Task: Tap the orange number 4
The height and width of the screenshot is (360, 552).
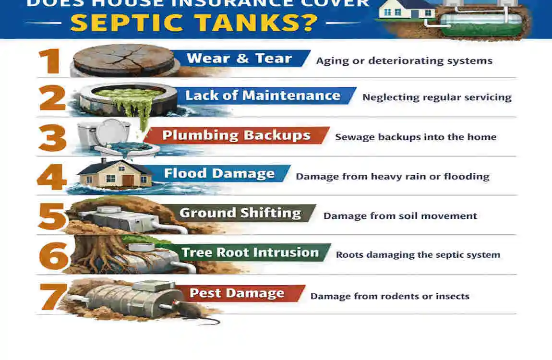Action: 52,177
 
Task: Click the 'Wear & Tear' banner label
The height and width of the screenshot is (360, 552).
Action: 239,59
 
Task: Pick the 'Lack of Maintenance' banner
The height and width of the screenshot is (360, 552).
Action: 263,96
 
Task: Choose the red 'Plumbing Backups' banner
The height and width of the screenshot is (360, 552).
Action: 236,135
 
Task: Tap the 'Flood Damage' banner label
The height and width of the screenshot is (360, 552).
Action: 219,173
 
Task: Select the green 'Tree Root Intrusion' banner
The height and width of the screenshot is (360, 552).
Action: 250,252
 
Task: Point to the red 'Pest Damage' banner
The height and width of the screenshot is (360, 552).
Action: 237,293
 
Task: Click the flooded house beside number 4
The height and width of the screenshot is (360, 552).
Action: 115,174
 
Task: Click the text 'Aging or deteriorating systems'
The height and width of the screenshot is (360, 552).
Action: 404,61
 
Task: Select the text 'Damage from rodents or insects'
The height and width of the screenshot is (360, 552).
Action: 389,296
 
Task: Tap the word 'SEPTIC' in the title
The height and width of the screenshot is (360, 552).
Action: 130,23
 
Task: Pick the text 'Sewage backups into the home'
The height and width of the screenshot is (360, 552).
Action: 415,137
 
